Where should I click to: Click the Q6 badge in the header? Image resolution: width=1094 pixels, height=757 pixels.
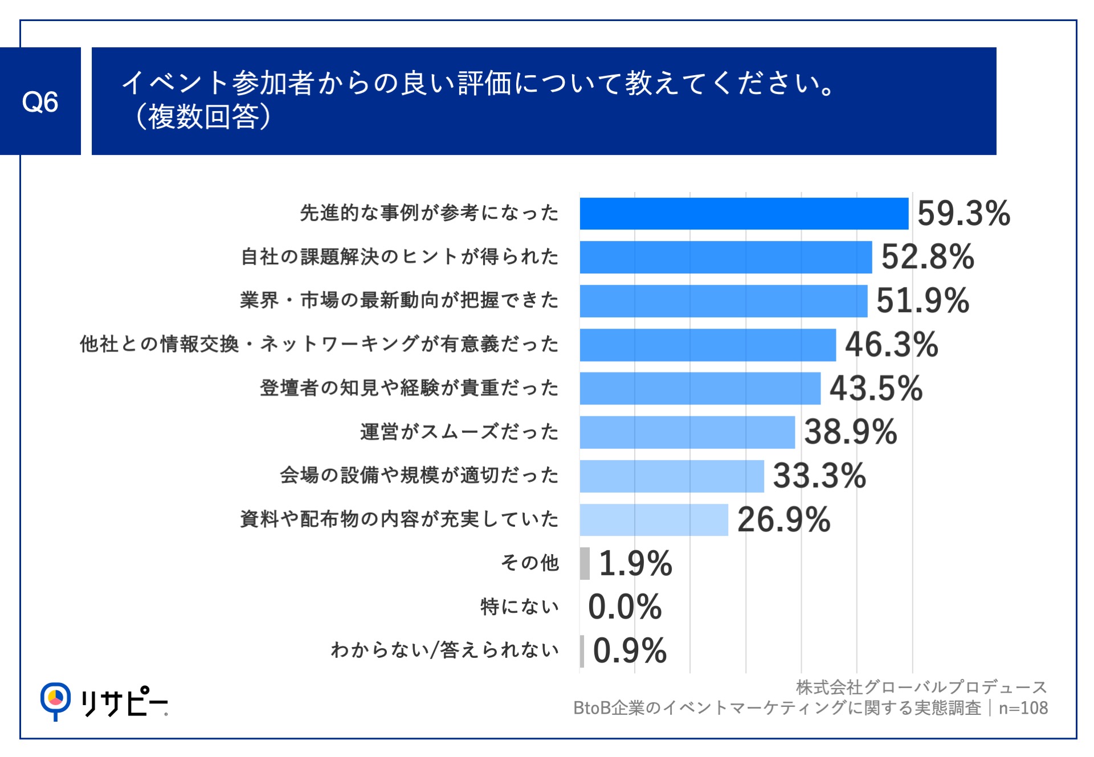point(40,101)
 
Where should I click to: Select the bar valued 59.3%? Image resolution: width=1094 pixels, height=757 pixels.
point(744,214)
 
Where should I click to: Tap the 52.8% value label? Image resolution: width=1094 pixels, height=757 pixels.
point(928,257)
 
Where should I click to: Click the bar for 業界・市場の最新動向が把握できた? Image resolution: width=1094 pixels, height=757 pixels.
point(723,301)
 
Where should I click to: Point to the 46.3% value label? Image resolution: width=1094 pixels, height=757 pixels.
point(891,345)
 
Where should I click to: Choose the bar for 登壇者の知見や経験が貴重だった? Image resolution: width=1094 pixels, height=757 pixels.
point(700,388)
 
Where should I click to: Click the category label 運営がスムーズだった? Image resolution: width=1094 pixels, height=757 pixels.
point(459,432)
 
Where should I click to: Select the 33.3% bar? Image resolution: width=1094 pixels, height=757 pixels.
point(671,476)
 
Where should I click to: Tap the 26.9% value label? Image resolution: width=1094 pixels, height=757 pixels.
point(783,519)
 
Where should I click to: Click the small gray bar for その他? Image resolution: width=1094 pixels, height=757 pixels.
point(585,563)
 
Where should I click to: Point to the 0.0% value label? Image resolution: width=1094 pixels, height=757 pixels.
point(624,607)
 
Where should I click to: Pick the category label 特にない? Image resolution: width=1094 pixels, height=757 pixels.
point(519,607)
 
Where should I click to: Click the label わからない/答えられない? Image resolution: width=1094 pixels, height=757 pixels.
point(444,650)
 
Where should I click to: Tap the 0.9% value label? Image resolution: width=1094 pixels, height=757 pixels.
point(630,650)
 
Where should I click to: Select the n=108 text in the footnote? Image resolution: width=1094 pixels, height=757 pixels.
point(1023,708)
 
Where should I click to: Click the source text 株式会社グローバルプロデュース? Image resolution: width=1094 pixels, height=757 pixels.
point(921,688)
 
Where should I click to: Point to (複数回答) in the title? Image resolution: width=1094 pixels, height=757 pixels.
point(203,117)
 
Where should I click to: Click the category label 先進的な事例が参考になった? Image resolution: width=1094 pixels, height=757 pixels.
point(429,213)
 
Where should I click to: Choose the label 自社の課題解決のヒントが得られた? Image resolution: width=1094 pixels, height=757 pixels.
point(399,257)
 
